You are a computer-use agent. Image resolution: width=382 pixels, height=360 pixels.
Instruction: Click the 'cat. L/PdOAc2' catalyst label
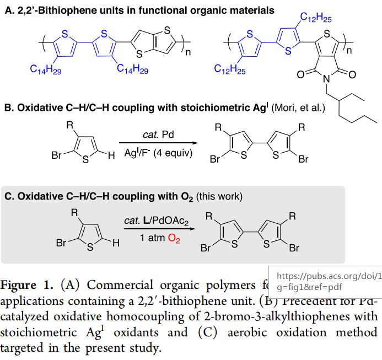click(x=156, y=221)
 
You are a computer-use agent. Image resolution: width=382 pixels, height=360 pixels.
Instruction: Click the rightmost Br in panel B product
click(x=303, y=160)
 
